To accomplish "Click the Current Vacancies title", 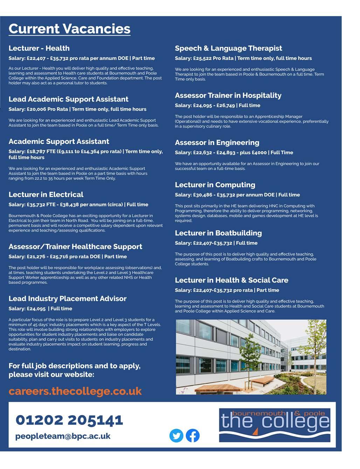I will click(69, 29).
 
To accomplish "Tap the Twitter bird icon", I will click(176, 435).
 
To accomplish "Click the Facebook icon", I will click(193, 435).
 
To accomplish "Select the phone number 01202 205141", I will click(69, 420).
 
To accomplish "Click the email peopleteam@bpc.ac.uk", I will click(63, 436).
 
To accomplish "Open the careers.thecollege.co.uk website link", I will click(75, 391).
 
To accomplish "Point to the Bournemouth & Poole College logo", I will click(275, 425).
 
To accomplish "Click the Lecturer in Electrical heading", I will click(46, 194).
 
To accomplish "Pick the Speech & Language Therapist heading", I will click(228, 48).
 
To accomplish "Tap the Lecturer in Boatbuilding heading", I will click(218, 233).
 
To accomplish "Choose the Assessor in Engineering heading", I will click(217, 143).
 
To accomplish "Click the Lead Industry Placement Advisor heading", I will click(68, 298).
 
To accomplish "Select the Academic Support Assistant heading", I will click(59, 142).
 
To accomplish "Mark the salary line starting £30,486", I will click(237, 195).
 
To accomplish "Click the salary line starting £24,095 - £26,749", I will click(217, 105).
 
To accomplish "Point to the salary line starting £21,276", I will click(68, 256).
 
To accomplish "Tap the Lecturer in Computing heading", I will click(215, 185).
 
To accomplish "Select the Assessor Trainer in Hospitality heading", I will click(228, 95).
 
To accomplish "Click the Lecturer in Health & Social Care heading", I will click(231, 280).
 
